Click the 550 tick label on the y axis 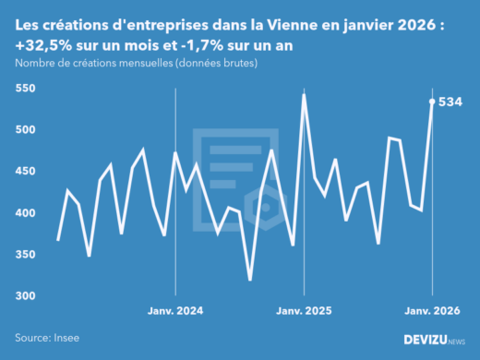(25, 89)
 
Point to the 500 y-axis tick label (25, 130)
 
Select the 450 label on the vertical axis (25, 172)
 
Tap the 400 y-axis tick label (25, 213)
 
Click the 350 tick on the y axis (25, 255)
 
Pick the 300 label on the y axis (25, 296)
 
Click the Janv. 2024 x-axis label (175, 312)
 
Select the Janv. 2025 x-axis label (304, 312)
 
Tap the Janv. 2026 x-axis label (432, 312)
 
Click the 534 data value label (451, 102)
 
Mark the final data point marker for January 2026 (432, 102)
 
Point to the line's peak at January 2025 (304, 94)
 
